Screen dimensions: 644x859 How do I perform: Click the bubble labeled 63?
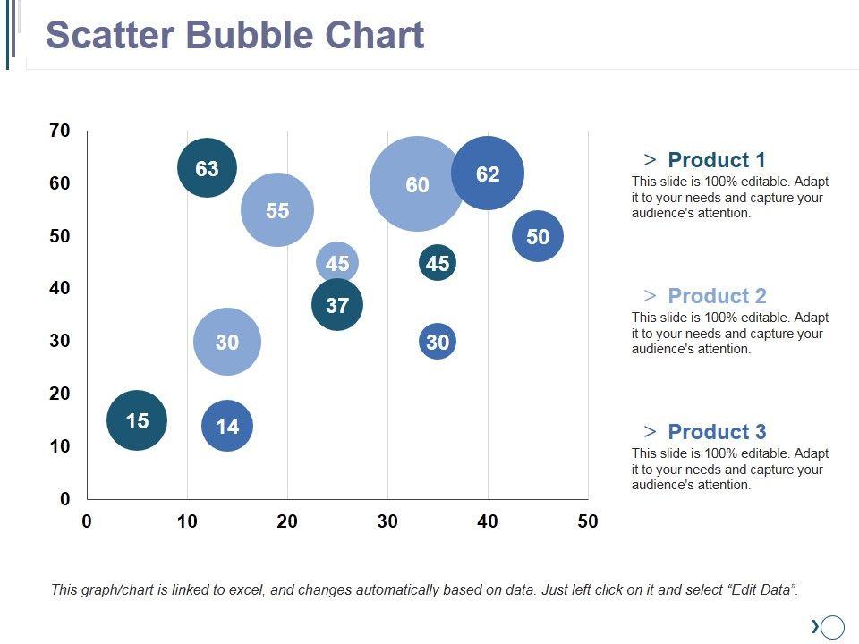[x=207, y=168]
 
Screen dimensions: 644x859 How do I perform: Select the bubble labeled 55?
[x=277, y=210]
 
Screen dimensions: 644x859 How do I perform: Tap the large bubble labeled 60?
[x=417, y=184]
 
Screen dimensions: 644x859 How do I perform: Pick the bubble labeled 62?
[x=488, y=174]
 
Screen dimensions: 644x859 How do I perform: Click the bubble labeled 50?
[x=538, y=236]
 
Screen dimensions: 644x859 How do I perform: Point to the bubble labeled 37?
[x=337, y=305]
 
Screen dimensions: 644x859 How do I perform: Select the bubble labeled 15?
[x=137, y=420]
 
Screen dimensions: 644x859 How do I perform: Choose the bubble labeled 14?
[x=228, y=426]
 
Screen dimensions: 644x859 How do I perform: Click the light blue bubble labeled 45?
[x=337, y=263]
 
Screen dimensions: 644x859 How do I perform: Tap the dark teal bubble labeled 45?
[x=438, y=263]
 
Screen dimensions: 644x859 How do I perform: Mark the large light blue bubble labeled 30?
[x=227, y=342]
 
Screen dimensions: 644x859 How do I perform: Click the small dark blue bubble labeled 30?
[x=438, y=342]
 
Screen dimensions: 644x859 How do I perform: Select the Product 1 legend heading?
[x=716, y=160]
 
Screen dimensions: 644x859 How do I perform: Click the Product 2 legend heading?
[x=717, y=296]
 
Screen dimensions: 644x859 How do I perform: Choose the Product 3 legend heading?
[x=717, y=432]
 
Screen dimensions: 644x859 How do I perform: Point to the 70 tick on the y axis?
[x=60, y=131]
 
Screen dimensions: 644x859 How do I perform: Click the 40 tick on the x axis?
[x=488, y=521]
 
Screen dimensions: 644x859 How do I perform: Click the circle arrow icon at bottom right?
[x=831, y=627]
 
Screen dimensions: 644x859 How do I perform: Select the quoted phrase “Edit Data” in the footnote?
[x=761, y=590]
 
